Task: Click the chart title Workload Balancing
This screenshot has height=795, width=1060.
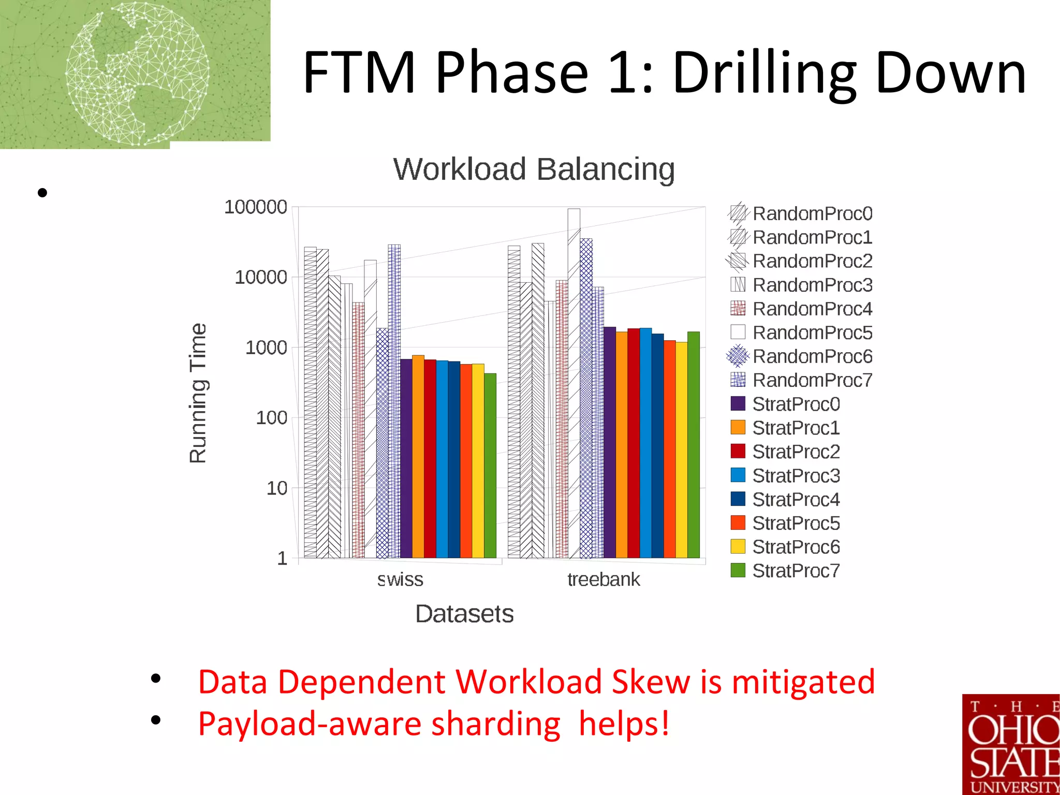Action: click(534, 169)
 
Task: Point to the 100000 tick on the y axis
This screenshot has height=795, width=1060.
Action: click(255, 207)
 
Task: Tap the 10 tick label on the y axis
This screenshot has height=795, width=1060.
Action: click(276, 488)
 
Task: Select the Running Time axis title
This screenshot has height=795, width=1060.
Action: click(198, 393)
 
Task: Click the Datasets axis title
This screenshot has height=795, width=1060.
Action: click(464, 614)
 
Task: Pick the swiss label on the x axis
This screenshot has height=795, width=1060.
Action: click(400, 579)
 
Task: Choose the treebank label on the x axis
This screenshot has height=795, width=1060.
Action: click(603, 579)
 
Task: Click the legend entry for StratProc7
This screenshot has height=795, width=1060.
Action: click(796, 571)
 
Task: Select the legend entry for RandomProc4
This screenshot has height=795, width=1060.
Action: click(812, 309)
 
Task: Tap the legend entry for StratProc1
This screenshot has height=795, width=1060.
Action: click(796, 428)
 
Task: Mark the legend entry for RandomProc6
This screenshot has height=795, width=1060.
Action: click(812, 356)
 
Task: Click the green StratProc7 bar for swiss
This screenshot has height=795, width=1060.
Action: click(490, 466)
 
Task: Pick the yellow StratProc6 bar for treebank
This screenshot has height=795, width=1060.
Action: click(681, 451)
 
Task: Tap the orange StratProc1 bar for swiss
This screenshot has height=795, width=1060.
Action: click(418, 456)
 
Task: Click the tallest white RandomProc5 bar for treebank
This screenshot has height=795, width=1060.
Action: click(573, 383)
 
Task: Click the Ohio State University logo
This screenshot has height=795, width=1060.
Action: click(1010, 744)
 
